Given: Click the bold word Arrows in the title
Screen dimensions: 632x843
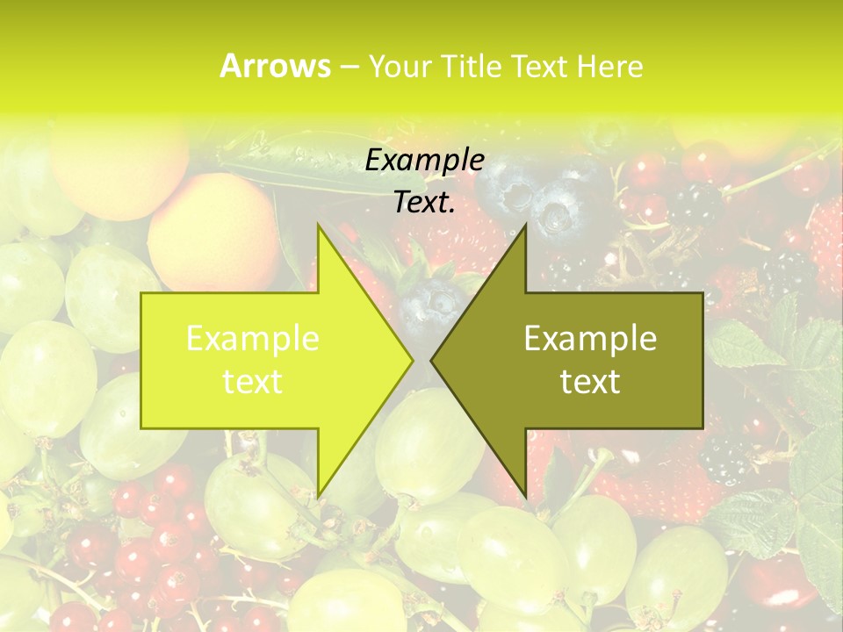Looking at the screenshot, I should pyautogui.click(x=275, y=66).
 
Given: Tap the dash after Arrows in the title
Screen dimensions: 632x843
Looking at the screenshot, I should pyautogui.click(x=349, y=67).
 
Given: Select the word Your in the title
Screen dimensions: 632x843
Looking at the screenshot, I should pyautogui.click(x=400, y=67).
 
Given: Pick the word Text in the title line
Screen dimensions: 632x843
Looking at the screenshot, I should pyautogui.click(x=539, y=67).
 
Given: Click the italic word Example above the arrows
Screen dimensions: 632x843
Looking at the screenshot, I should pyautogui.click(x=424, y=161).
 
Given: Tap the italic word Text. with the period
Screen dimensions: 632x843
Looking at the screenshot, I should pyautogui.click(x=424, y=202).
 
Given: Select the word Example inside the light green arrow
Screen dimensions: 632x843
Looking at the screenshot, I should pyautogui.click(x=252, y=339).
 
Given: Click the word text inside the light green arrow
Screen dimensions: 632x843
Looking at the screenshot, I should pyautogui.click(x=252, y=382).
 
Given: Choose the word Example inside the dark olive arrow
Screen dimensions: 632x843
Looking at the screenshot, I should pyautogui.click(x=590, y=339).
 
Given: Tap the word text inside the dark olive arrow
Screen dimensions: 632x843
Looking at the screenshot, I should pyautogui.click(x=590, y=382).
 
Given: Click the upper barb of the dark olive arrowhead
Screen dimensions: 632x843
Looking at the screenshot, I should pyautogui.click(x=524, y=230).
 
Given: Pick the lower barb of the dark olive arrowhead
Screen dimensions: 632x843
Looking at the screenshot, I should pyautogui.click(x=524, y=492).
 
